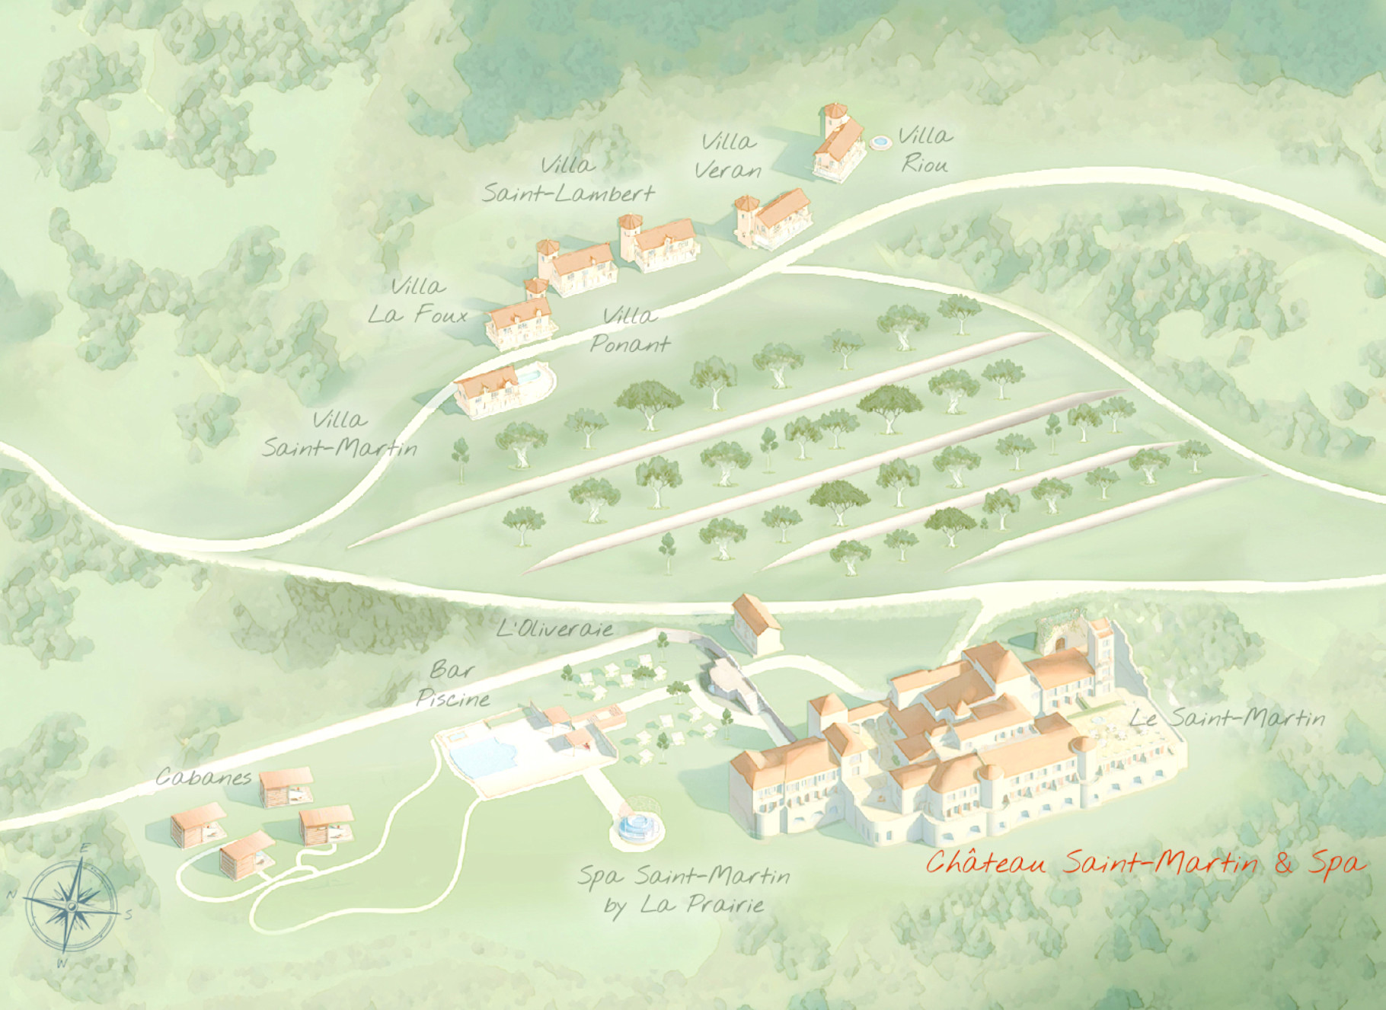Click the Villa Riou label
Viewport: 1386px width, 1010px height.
925,150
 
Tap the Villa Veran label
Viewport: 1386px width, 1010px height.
728,155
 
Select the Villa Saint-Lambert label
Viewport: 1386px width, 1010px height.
568,180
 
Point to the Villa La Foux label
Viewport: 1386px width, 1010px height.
417,301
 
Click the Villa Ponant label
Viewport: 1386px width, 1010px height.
630,330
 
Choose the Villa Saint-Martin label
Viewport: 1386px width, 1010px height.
340,433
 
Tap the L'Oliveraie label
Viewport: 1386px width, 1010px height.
554,628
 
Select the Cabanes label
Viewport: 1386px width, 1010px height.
203,778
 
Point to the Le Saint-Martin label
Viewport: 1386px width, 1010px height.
1227,718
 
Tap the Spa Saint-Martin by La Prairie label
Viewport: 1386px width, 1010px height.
684,890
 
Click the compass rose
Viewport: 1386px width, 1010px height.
71,906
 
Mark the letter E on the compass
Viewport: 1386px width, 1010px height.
85,849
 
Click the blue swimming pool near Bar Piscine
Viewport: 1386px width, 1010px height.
483,753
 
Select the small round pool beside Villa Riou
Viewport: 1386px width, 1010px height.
880,142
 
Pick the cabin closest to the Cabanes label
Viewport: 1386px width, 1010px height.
286,788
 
